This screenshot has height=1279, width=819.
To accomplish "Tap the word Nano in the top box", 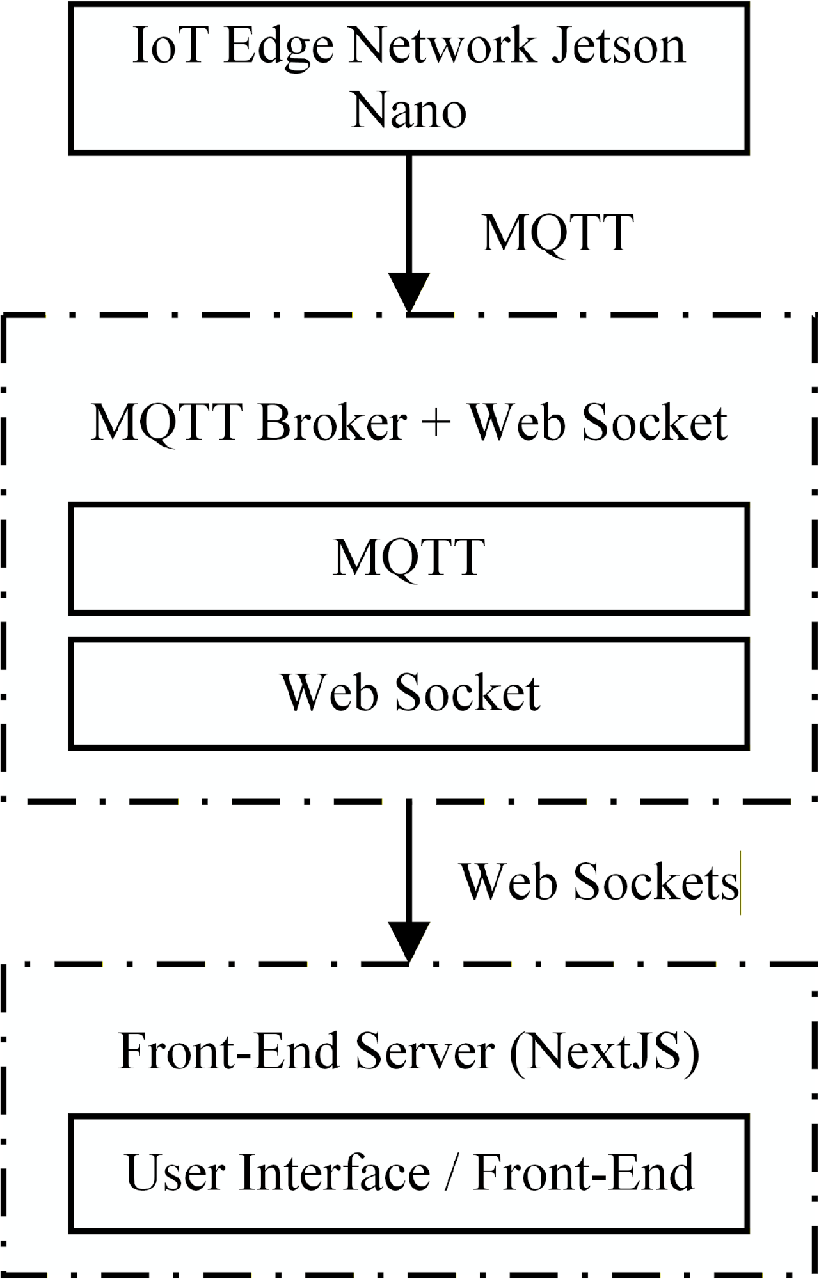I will click(x=409, y=111).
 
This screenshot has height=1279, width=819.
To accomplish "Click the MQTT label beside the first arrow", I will click(x=557, y=233).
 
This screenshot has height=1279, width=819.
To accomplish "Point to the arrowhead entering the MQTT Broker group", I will click(x=409, y=292).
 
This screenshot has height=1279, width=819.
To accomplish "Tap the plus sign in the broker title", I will click(x=437, y=423).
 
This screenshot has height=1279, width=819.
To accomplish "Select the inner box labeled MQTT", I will click(x=409, y=558).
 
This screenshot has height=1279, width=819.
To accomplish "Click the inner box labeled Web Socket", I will click(x=409, y=692).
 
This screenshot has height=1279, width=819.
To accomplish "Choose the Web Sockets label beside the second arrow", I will click(x=599, y=882).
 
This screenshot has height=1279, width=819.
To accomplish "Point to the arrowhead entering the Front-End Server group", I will click(x=409, y=941).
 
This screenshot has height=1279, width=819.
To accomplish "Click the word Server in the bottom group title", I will click(x=425, y=1051).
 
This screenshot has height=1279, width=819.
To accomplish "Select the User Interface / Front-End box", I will click(x=409, y=1173).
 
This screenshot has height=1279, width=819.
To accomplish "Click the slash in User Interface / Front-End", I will click(x=452, y=1173).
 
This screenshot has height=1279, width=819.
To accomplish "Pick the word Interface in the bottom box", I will click(x=335, y=1173).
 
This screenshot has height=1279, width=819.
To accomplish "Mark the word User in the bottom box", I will click(x=174, y=1173).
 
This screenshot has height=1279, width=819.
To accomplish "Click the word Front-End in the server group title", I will click(x=228, y=1051).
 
